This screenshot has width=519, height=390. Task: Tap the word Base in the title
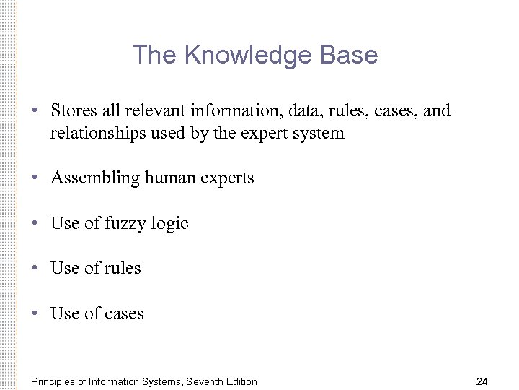[351, 56]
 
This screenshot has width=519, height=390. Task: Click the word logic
[169, 224]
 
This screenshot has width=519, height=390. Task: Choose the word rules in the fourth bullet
[123, 269]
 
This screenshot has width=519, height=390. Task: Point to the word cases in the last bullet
[124, 314]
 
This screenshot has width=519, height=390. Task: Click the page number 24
[482, 381]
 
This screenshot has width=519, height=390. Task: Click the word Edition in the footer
[241, 381]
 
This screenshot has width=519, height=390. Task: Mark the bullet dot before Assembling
[35, 178]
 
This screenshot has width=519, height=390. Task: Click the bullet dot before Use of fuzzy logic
[35, 224]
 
